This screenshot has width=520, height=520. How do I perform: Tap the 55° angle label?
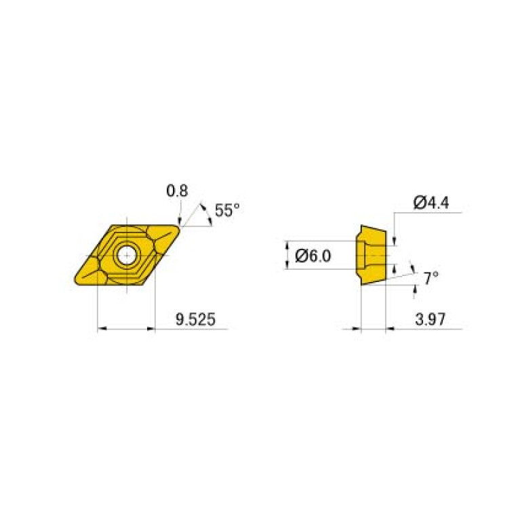click(227, 210)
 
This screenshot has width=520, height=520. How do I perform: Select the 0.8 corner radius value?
click(177, 192)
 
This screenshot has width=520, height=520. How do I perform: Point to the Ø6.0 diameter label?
click(314, 256)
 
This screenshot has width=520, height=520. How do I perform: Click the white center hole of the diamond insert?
click(125, 255)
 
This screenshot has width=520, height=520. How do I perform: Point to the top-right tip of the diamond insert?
click(179, 228)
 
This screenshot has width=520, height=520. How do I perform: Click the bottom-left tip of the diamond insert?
click(75, 281)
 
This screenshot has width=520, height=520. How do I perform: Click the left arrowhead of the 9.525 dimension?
click(102, 329)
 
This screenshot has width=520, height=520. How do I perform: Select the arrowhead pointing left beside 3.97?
click(390, 329)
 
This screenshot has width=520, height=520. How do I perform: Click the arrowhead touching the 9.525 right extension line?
click(151, 329)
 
